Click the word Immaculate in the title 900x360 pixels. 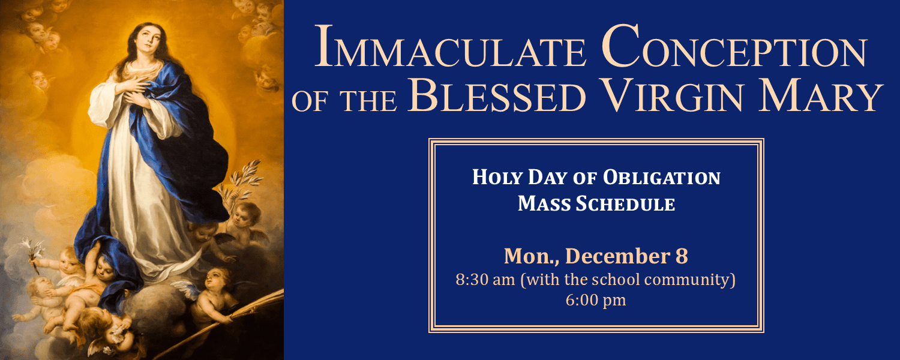click(451, 47)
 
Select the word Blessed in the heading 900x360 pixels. click(497, 94)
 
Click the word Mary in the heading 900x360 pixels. click(820, 94)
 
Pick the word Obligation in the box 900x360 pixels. click(662, 178)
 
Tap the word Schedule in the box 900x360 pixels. click(625, 204)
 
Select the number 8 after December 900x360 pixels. click(682, 256)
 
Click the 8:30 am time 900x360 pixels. click(485, 280)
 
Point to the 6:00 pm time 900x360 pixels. click(596, 301)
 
